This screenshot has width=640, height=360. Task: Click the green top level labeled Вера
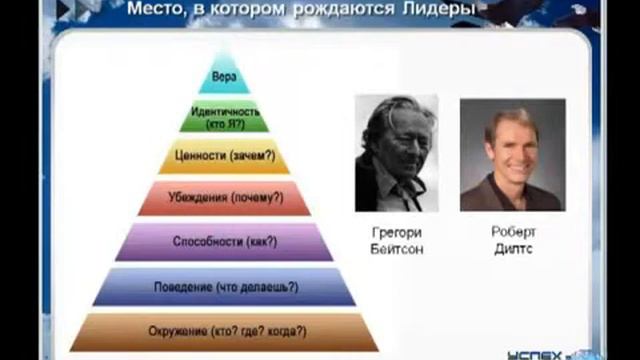pos(224,76)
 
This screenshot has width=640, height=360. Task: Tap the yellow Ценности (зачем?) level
pos(224,157)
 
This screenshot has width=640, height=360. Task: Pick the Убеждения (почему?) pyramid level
pos(224,198)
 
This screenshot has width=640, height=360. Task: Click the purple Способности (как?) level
pos(224,241)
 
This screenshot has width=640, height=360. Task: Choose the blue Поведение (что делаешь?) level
pos(224,286)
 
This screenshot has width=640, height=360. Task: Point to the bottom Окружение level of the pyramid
pos(224,331)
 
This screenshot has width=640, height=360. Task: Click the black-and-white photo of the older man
pos(396,153)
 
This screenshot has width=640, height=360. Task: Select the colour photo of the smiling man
pos(510,153)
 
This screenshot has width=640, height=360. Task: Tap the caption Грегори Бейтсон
pos(396,240)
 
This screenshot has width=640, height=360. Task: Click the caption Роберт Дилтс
pos(511,240)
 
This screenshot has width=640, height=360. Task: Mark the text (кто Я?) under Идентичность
pos(224,124)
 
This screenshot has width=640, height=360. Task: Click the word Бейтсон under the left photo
pos(396,248)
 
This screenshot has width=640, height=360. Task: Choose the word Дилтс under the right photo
pos(511,248)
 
